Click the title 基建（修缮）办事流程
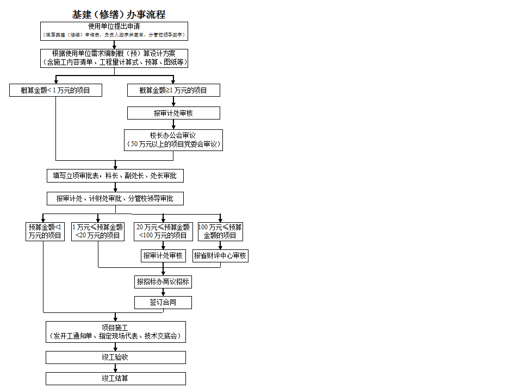click(119, 15)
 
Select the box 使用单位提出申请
click(114, 31)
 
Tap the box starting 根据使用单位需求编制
click(114, 58)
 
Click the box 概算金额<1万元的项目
click(55, 90)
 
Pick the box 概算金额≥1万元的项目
click(173, 90)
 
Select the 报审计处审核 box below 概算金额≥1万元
click(173, 113)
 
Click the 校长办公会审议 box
click(173, 140)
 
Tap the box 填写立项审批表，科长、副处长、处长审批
click(115, 176)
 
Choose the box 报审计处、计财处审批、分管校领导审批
click(115, 199)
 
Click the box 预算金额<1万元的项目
click(46, 231)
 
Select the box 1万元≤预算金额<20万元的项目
click(98, 231)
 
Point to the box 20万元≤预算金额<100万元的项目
click(163, 231)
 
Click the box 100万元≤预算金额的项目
click(220, 231)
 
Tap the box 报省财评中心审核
click(220, 256)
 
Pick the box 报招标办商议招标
click(163, 282)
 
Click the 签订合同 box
click(163, 303)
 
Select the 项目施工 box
click(115, 332)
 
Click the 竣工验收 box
click(115, 357)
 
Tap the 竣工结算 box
click(115, 379)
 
